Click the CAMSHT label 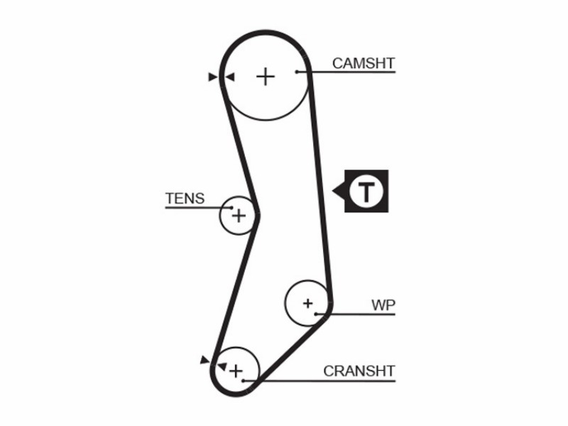point(364,63)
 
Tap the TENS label point(185,199)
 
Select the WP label point(383,305)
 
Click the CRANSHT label point(359,371)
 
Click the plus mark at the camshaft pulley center point(266,77)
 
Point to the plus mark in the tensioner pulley point(239,217)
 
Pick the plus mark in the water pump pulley point(308,303)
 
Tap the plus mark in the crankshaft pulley point(236,371)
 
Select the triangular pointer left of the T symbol point(339,191)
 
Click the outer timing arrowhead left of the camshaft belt point(213,77)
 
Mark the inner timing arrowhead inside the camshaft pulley point(229,77)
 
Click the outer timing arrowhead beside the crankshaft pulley point(205,360)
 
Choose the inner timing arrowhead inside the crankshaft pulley point(222,366)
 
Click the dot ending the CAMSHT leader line point(297,72)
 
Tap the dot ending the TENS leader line point(232,207)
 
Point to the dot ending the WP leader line point(316,314)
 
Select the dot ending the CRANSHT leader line point(244,381)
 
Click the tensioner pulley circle point(219,217)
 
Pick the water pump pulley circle point(285,303)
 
